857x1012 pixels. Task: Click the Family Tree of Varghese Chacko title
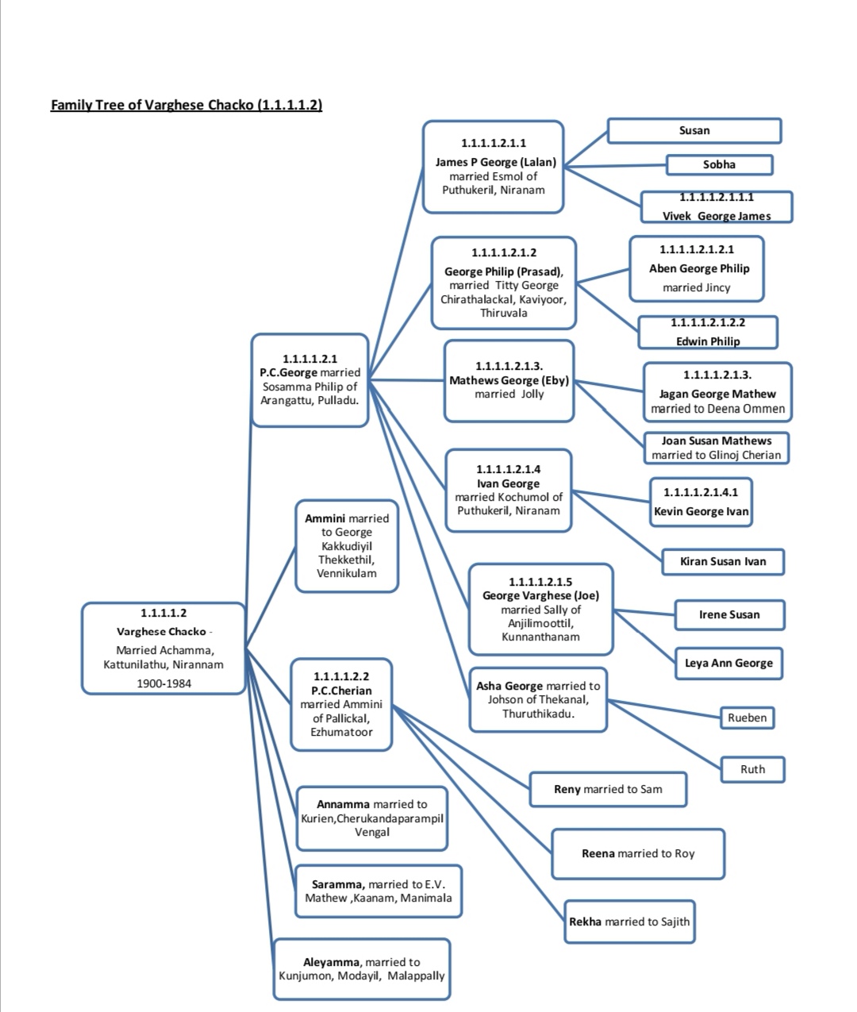point(186,105)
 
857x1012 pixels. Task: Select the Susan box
point(694,131)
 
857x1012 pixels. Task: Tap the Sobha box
point(720,164)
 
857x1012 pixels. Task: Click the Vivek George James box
point(717,206)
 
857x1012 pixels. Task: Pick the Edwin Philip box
point(708,332)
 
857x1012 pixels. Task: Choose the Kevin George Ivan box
point(701,502)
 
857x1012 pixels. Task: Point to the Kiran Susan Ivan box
point(723,562)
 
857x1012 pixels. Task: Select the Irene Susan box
point(729,614)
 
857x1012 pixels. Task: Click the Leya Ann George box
point(728,663)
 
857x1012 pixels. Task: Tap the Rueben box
point(747,718)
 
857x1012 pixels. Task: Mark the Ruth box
point(753,769)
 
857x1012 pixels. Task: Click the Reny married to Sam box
point(608,789)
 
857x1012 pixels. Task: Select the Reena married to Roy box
point(638,854)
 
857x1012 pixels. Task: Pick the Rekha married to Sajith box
point(629,922)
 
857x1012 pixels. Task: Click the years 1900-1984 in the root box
point(164,683)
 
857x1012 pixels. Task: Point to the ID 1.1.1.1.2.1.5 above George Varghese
point(540,582)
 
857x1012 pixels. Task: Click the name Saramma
point(338,884)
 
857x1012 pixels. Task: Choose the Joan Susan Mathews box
point(716,448)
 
